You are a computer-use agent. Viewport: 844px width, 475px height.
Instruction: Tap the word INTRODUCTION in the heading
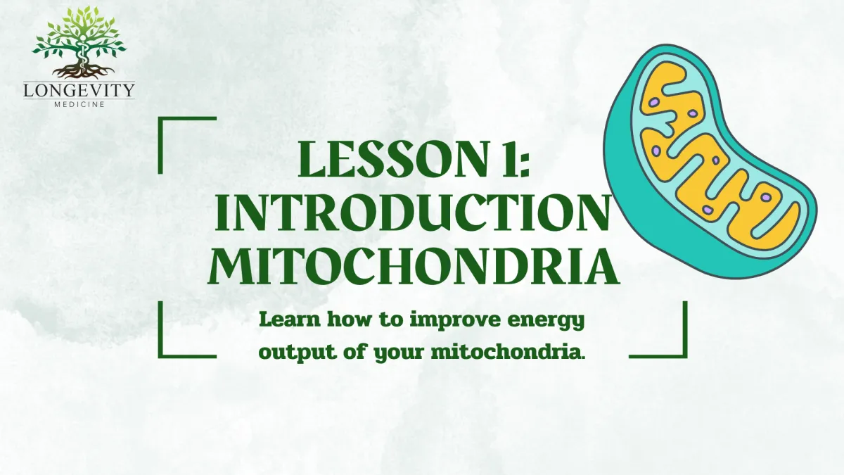pyautogui.click(x=412, y=213)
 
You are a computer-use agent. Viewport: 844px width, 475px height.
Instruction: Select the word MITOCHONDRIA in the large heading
pyautogui.click(x=414, y=266)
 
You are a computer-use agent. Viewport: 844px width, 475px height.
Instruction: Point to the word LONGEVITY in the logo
pyautogui.click(x=79, y=91)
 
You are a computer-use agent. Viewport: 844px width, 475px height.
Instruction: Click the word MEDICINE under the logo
pyautogui.click(x=79, y=104)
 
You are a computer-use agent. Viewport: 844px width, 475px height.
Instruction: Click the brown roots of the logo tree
pyautogui.click(x=83, y=71)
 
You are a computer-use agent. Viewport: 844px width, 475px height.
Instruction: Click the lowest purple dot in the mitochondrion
pyautogui.click(x=708, y=210)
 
